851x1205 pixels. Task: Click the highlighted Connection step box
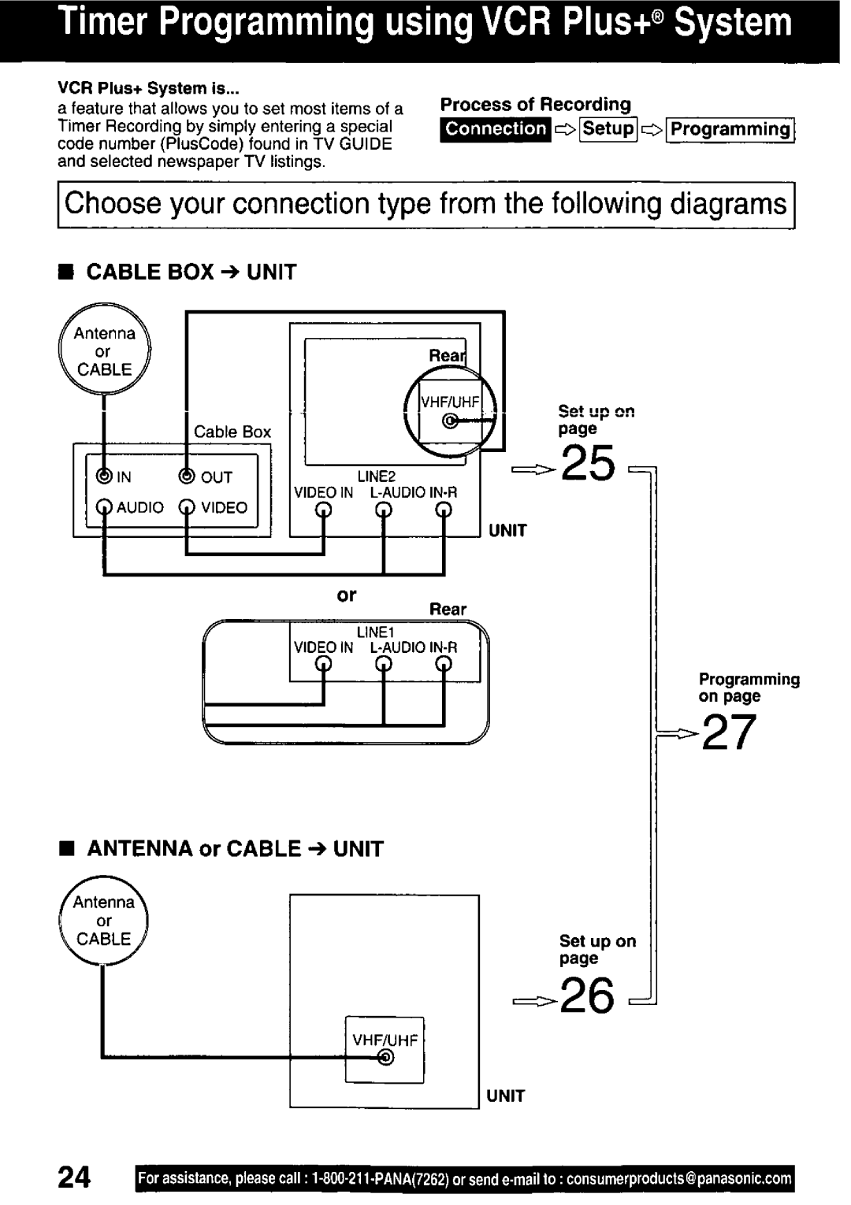pos(496,129)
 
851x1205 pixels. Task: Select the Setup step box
pos(608,129)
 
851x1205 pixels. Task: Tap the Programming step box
pos(730,130)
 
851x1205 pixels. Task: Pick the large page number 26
pos(588,996)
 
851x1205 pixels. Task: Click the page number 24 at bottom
pos(74,1177)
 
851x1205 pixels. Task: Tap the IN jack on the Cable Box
pos(104,476)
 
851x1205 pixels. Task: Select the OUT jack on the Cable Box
pos(187,476)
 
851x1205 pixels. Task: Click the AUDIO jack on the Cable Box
pos(104,507)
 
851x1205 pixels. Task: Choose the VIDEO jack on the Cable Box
pos(187,507)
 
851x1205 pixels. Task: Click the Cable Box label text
pos(232,432)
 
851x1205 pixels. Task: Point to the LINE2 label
pos(376,476)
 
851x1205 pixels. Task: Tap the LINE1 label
pos(375,632)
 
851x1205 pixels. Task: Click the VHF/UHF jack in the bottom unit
pos(385,1059)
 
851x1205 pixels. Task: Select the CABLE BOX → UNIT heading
pos(191,273)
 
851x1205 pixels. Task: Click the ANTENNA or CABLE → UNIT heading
pos(235,849)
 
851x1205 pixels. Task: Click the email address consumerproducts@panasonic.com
pos(678,1179)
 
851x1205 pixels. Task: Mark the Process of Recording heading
pos(536,105)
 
